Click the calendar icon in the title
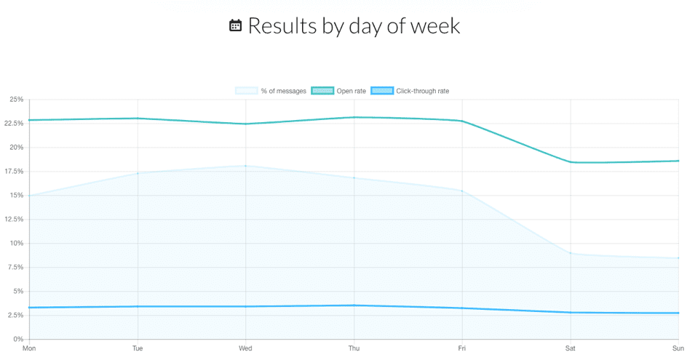click(235, 26)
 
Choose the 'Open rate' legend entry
click(338, 91)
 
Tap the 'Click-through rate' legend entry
click(415, 91)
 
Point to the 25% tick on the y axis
click(15, 100)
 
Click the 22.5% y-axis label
click(12, 124)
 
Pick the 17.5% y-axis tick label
click(12, 172)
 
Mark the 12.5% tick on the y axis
click(12, 220)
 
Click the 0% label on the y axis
click(17, 340)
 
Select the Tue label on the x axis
click(138, 349)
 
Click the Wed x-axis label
click(245, 349)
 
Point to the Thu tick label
click(354, 349)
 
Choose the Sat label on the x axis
click(571, 349)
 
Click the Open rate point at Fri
click(462, 121)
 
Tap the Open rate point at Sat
click(571, 162)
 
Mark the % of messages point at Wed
click(246, 166)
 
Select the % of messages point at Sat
click(571, 253)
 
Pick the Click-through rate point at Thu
click(354, 305)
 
